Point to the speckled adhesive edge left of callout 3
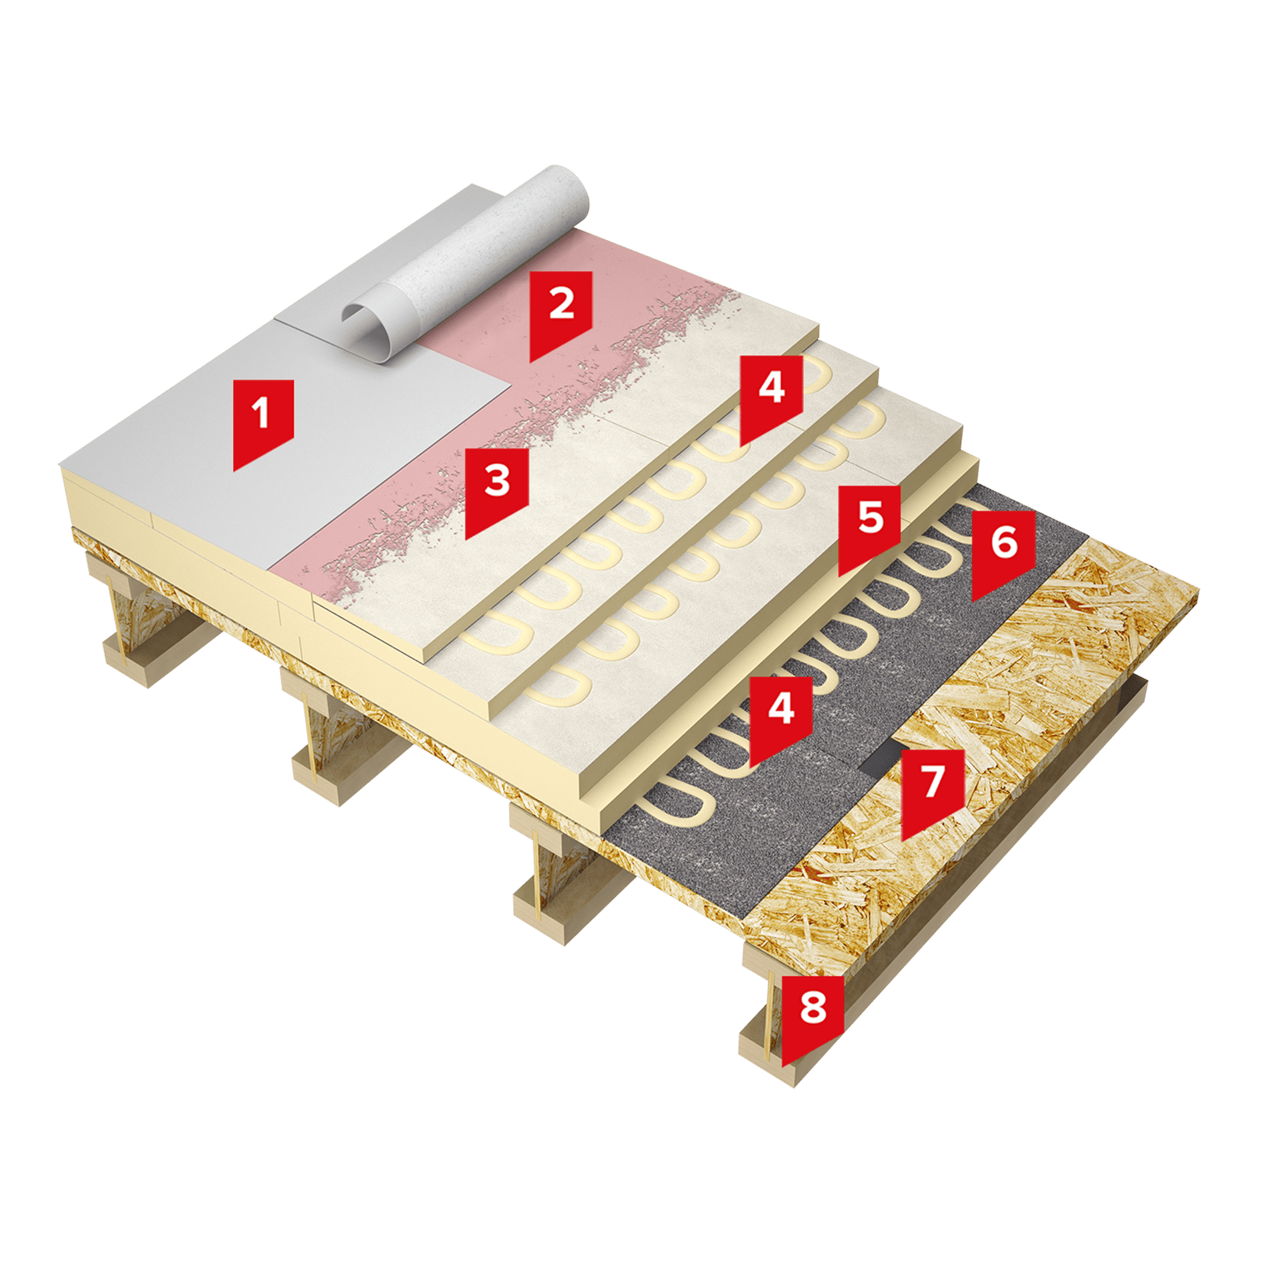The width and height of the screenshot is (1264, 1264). (x=392, y=550)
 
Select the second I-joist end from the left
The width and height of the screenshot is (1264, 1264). (x=340, y=739)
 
